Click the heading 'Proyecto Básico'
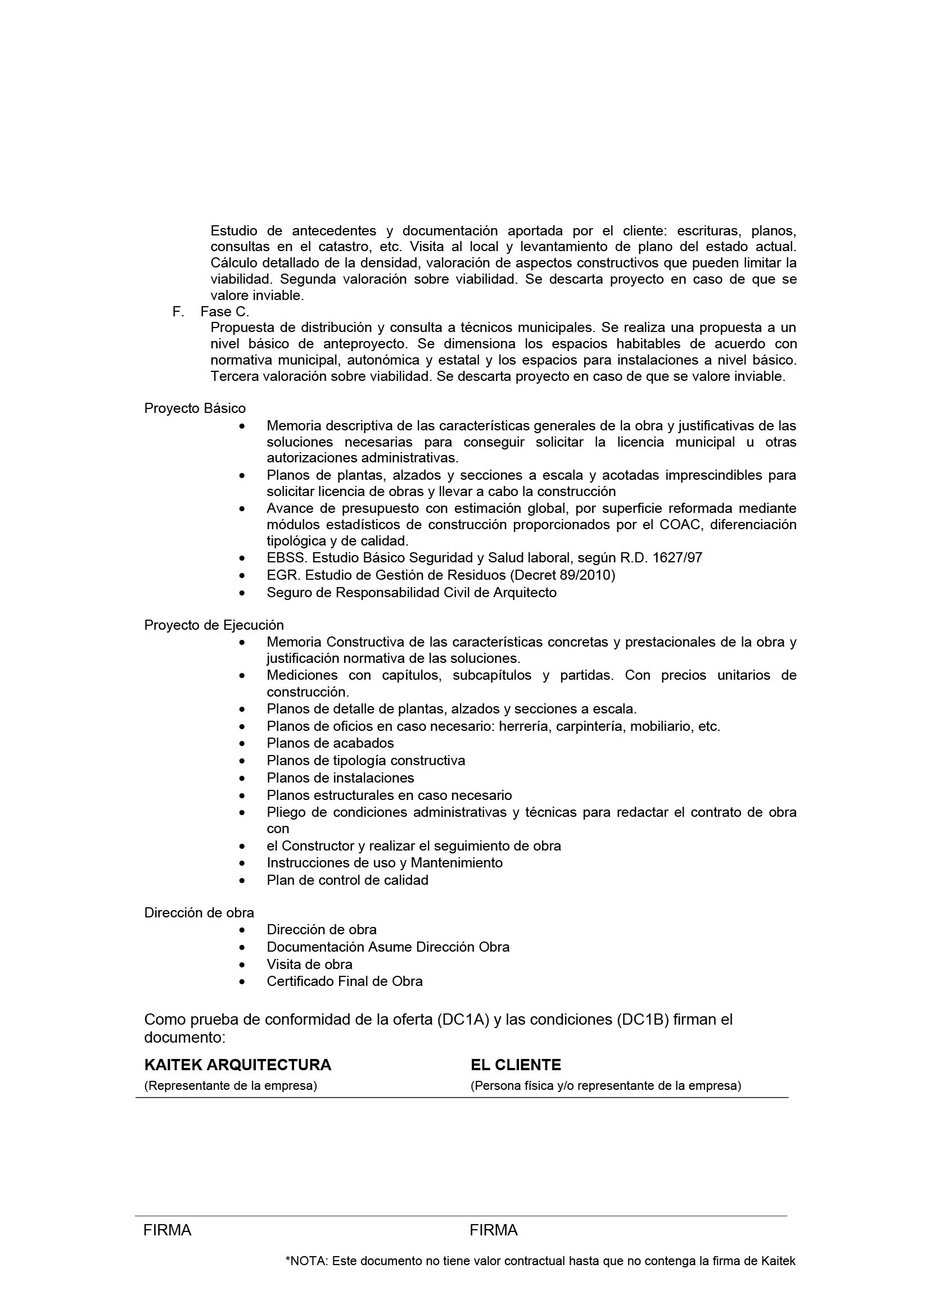[x=195, y=408]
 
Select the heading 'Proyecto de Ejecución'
[x=214, y=625]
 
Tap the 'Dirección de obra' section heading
[x=198, y=912]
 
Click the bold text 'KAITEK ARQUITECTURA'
[x=238, y=1065]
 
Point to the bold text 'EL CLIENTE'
[x=516, y=1065]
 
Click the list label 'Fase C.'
[x=224, y=312]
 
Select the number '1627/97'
[x=679, y=558]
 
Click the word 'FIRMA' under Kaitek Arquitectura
[x=167, y=1230]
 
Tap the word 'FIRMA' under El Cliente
[x=494, y=1230]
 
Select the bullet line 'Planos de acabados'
[x=330, y=743]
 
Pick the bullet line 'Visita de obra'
[x=309, y=965]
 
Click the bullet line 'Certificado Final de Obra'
[x=344, y=981]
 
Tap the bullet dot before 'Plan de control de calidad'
[x=243, y=881]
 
